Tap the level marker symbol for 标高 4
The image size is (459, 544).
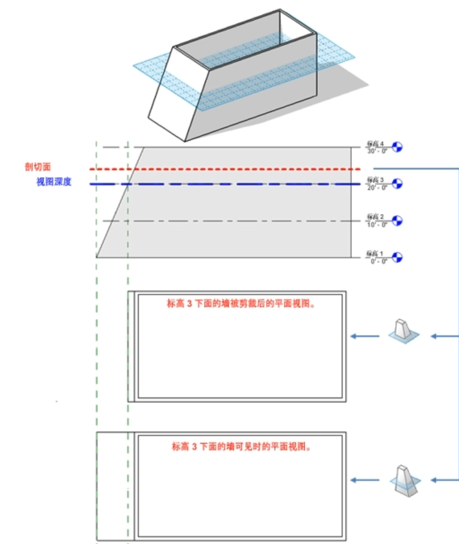[397, 146]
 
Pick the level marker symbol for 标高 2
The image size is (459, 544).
[397, 221]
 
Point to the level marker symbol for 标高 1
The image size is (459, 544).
[397, 257]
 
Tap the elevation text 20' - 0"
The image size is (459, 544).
[376, 187]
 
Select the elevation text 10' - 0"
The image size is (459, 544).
[376, 224]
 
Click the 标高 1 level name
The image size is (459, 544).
[376, 253]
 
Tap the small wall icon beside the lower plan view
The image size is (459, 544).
[402, 478]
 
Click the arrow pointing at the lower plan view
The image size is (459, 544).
[364, 480]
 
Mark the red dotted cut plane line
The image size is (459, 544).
[239, 169]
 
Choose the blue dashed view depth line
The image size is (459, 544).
[239, 184]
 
